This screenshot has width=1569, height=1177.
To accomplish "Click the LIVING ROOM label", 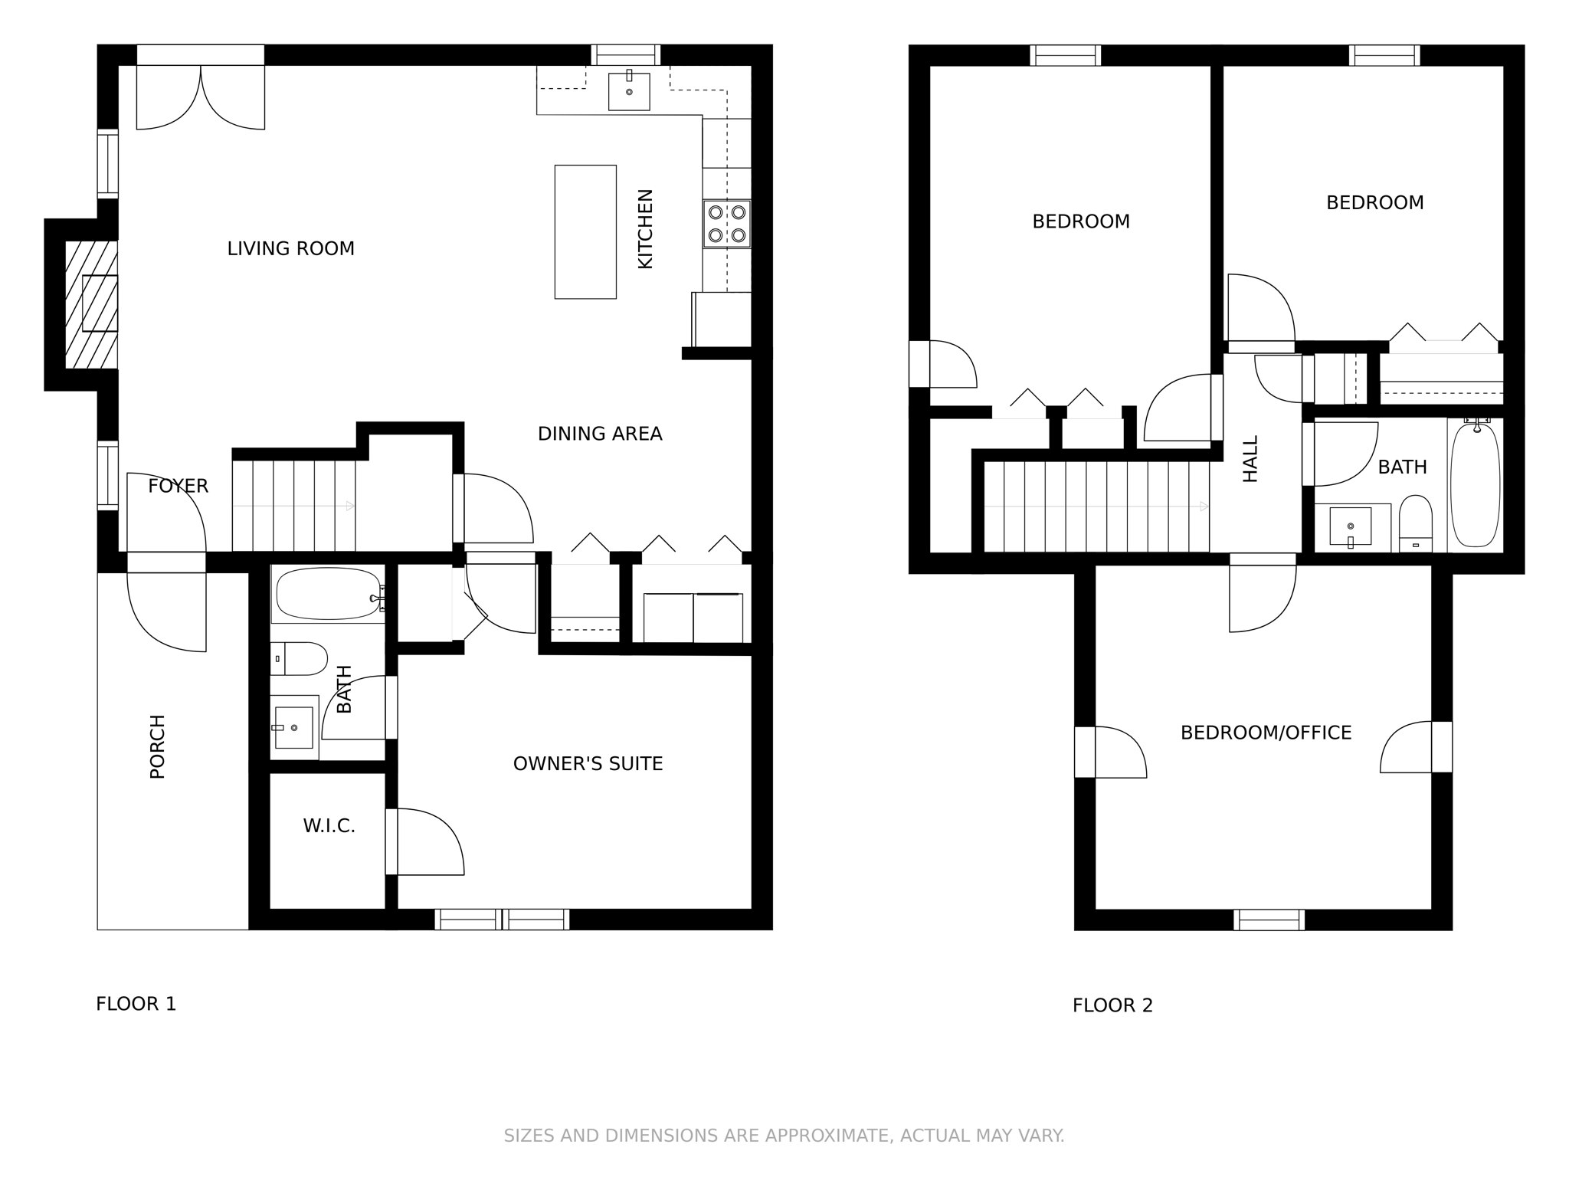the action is [x=290, y=248].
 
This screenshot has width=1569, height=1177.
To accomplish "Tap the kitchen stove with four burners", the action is [x=727, y=224].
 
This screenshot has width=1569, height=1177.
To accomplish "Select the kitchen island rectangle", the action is [x=585, y=231].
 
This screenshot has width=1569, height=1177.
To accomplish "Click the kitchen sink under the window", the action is [x=629, y=91].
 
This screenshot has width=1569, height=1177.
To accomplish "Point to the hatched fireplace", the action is [x=91, y=304].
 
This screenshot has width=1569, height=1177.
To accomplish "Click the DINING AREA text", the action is [x=600, y=434].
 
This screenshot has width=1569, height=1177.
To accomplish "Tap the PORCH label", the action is [x=157, y=746].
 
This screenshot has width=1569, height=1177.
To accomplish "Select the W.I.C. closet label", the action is [x=329, y=826].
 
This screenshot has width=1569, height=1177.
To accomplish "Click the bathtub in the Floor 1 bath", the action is [x=328, y=593].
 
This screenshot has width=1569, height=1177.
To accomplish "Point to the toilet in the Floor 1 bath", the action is [x=299, y=658].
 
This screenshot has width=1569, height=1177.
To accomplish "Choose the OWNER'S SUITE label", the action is [x=588, y=763].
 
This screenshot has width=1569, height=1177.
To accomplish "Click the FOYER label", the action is [x=178, y=486].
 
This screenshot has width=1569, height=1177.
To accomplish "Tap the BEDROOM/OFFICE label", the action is [x=1266, y=733].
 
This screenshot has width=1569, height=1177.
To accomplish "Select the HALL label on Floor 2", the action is [x=1250, y=459].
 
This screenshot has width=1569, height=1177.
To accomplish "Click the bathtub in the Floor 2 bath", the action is [x=1475, y=484].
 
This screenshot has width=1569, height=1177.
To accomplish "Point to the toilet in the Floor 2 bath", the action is [x=1415, y=523].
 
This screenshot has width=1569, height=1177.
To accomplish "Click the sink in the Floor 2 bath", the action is [x=1351, y=527].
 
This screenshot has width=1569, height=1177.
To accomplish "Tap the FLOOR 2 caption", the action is [x=1112, y=1005].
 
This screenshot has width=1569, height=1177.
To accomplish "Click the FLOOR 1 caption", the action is [x=136, y=1004].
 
